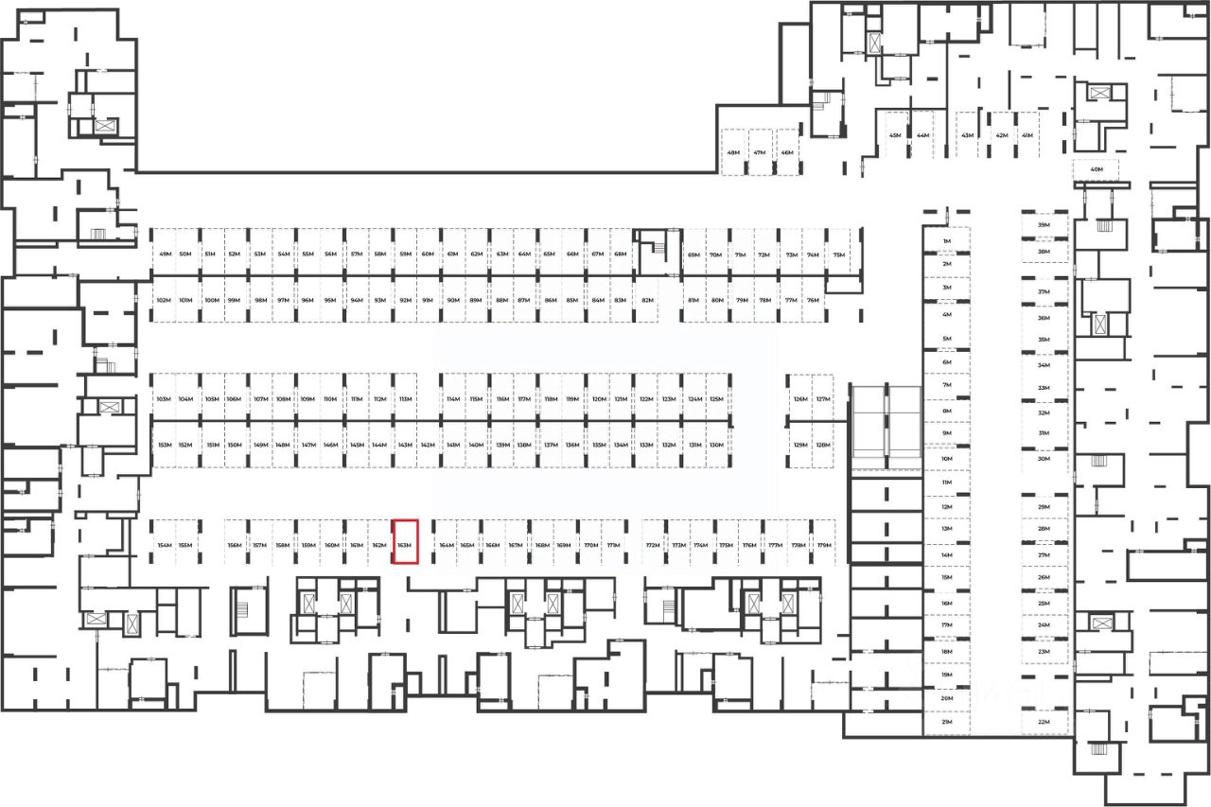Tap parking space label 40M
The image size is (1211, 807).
(1097, 170)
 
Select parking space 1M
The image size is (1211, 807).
(946, 242)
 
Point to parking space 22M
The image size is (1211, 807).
(1044, 722)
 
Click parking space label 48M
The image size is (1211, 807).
(733, 153)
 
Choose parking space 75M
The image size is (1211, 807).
(838, 254)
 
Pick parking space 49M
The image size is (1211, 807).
(165, 254)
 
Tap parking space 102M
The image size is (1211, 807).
(163, 300)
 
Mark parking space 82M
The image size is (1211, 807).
(647, 300)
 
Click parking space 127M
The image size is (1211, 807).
(823, 399)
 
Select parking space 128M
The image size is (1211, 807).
(823, 445)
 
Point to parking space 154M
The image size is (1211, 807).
(165, 546)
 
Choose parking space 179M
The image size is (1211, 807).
(824, 546)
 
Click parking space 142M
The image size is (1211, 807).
(428, 445)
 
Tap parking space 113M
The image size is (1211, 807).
(405, 399)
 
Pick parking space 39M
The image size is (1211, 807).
(1044, 225)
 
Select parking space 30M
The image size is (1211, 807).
(1044, 459)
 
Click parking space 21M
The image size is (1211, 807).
(946, 722)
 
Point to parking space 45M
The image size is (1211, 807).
(895, 135)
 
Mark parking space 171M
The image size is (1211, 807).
(613, 546)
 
